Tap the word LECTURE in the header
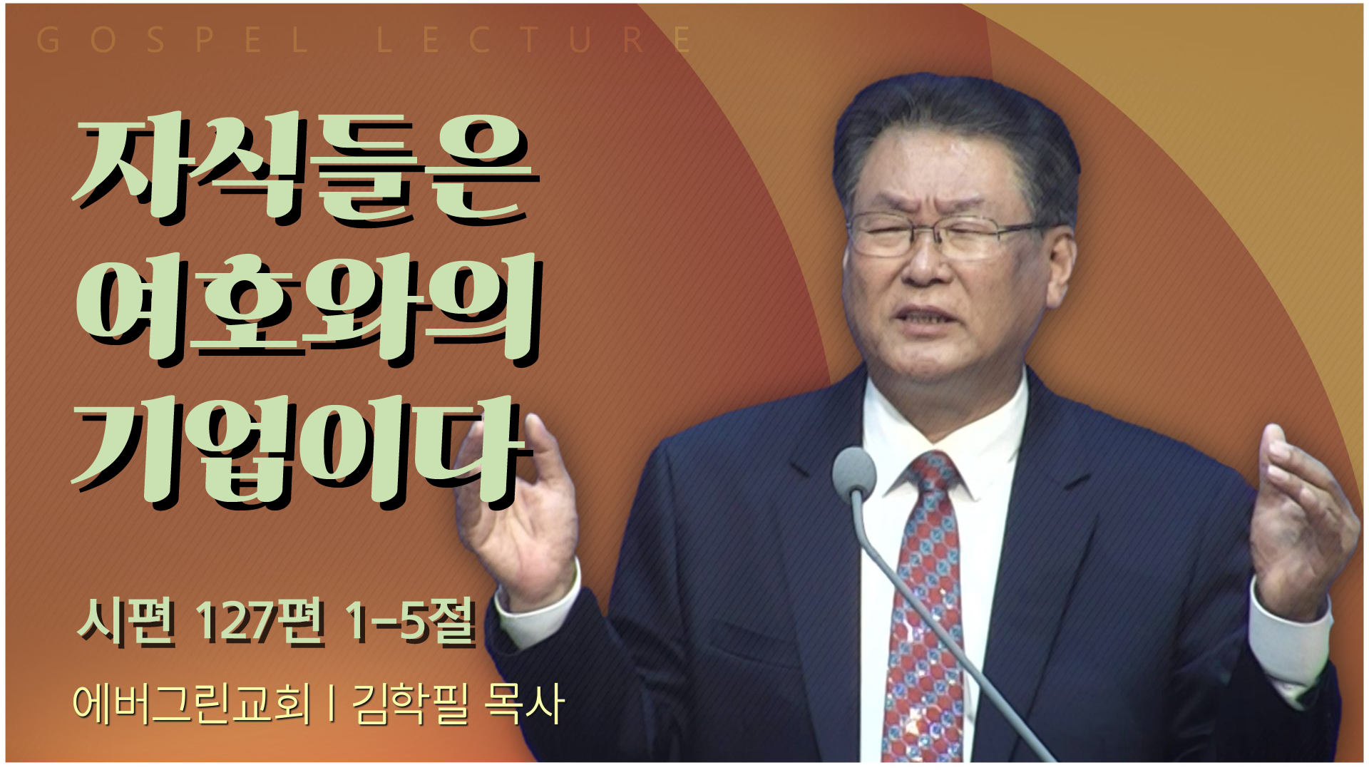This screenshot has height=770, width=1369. tap(534, 40)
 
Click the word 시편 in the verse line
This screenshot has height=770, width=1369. tap(126, 621)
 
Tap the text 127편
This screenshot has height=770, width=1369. tap(260, 621)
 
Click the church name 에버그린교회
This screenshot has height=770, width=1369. tap(192, 704)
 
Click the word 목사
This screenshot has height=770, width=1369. tap(525, 704)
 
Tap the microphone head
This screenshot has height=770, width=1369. tap(853, 472)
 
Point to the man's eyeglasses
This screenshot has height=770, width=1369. tap(948, 235)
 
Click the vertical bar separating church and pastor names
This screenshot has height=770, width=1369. tap(332, 704)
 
